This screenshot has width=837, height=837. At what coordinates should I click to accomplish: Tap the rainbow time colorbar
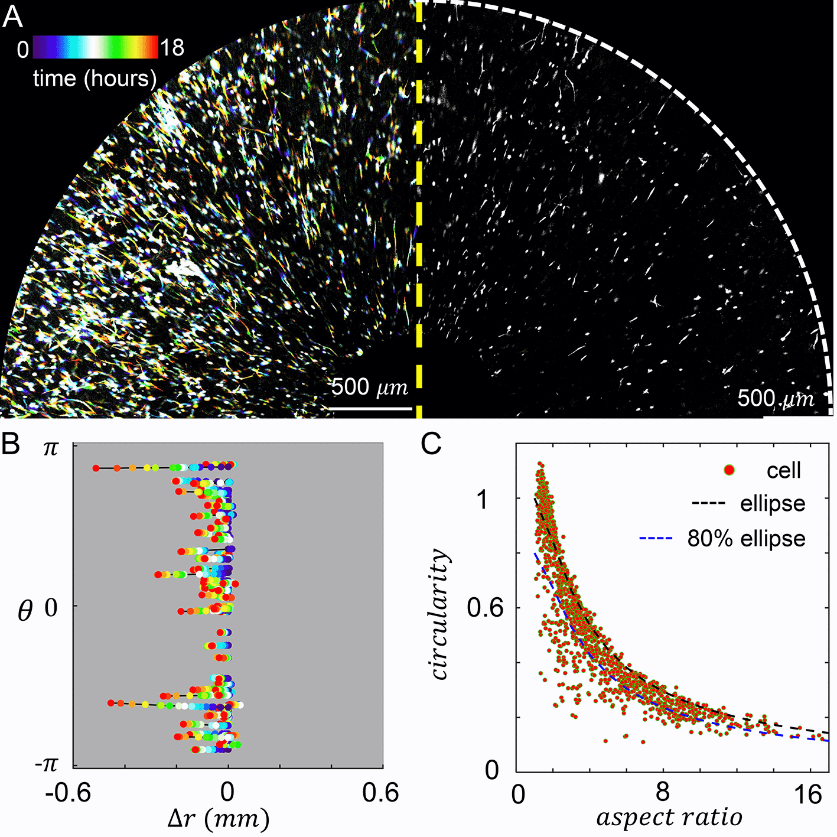point(95,47)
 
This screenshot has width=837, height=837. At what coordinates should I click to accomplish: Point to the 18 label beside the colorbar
point(172,48)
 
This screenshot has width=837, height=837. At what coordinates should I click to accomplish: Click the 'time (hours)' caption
point(95,79)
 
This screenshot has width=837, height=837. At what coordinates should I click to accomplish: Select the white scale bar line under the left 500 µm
point(370,408)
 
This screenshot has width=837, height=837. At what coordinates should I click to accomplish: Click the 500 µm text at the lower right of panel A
point(775,399)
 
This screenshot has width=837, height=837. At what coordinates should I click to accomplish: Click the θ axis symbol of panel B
point(25,611)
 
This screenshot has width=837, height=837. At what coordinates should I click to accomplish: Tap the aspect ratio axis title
point(669,818)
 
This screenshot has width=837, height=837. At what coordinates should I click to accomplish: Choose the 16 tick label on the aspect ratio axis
point(807,795)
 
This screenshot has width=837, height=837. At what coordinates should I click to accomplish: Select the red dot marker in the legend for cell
point(729,470)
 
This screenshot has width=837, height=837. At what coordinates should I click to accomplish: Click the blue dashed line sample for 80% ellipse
point(656,539)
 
